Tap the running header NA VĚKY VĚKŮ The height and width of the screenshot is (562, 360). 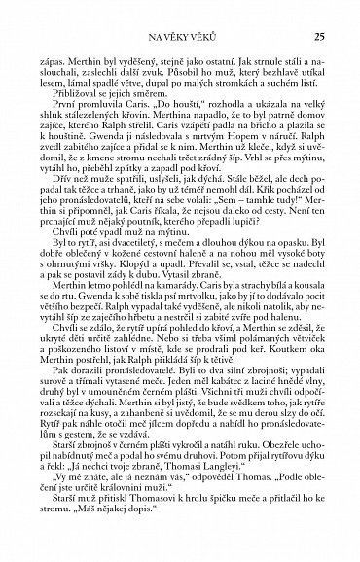(x=181, y=38)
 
